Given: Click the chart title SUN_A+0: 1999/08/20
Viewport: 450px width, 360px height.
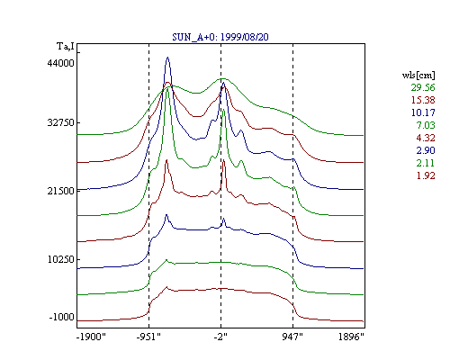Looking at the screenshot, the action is (220, 37).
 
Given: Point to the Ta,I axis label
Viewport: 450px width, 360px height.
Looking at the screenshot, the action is (66, 46).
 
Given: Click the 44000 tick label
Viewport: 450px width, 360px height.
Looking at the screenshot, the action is (60, 63).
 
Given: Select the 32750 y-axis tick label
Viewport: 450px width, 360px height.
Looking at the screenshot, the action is (60, 122).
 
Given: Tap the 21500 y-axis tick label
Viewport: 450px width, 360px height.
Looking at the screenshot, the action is (60, 191).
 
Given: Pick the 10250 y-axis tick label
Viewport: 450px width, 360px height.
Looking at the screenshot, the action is (60, 259).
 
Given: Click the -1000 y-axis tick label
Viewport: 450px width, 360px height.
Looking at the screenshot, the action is (61, 317).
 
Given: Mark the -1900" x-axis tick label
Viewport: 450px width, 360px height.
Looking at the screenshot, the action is (92, 337).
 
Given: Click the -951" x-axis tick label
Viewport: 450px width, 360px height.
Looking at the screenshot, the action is (148, 337).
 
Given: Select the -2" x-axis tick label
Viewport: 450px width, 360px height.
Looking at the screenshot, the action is (220, 337).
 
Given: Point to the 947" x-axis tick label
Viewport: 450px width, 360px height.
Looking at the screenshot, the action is (292, 337).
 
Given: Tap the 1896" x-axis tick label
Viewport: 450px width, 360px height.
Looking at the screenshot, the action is (351, 337).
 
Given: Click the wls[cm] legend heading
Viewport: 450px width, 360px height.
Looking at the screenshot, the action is (418, 75).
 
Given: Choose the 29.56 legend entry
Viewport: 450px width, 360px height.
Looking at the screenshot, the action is (423, 87).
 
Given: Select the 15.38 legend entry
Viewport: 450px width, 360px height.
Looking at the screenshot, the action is (423, 100).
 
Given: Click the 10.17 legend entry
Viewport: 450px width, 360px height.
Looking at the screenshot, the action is (423, 112).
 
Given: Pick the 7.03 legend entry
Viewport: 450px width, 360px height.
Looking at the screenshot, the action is (426, 125).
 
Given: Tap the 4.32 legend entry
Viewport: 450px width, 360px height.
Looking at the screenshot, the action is (426, 138).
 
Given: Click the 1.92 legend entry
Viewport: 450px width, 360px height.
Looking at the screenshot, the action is (426, 175).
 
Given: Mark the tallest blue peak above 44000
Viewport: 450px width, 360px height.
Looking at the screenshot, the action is (167, 58).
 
